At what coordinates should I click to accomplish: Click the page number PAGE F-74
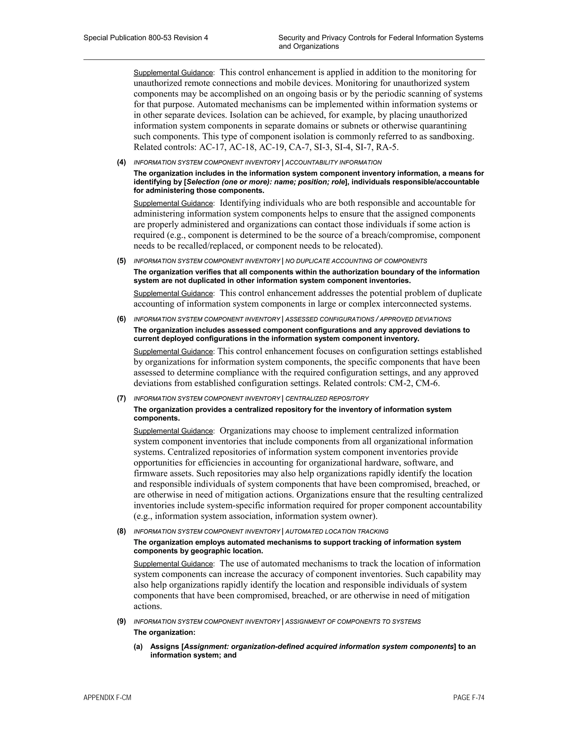468,698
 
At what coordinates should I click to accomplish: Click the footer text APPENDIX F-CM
107,698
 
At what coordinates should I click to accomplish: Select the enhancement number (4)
121,162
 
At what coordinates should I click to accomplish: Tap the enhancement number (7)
121,399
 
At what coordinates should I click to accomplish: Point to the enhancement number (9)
121,622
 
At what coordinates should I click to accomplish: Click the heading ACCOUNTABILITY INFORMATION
333,163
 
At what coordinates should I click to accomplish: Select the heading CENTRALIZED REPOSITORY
327,399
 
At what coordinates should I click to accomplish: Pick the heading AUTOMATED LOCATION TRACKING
337,532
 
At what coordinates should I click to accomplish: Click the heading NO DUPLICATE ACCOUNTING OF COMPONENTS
356,261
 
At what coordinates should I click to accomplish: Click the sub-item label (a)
138,647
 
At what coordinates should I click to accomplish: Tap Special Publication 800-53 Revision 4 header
146,38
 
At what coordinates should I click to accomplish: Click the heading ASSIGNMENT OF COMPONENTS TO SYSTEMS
353,622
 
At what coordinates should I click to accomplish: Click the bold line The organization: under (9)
164,632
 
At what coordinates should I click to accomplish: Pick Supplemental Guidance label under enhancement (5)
173,293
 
